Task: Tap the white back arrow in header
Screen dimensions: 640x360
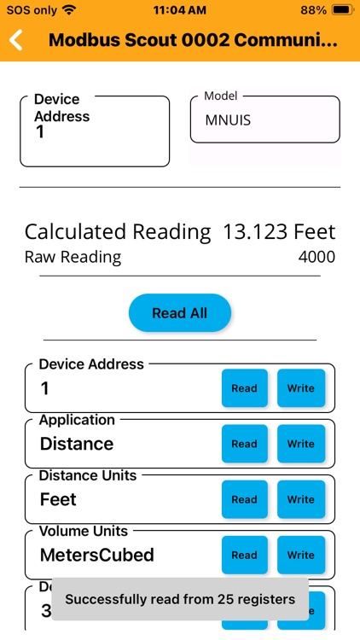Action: click(15, 40)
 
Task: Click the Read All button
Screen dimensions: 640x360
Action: click(179, 313)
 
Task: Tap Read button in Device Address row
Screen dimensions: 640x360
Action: click(244, 388)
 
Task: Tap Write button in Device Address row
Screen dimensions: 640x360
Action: click(300, 388)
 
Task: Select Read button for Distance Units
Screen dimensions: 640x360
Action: click(244, 499)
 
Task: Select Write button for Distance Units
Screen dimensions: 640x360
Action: click(300, 499)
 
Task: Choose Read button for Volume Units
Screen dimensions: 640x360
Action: click(244, 555)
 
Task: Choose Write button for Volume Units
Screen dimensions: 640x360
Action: click(300, 555)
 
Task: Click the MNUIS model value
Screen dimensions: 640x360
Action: click(228, 120)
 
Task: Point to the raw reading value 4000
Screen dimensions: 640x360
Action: click(316, 257)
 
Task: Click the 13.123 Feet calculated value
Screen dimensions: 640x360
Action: click(279, 232)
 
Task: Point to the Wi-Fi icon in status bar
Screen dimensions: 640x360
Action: click(69, 10)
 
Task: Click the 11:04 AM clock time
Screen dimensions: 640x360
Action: click(180, 10)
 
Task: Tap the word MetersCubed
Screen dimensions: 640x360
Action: click(97, 555)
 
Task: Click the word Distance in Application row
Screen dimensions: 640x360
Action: click(77, 444)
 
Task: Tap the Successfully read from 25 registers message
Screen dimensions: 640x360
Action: click(180, 599)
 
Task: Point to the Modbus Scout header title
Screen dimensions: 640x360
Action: click(193, 40)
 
